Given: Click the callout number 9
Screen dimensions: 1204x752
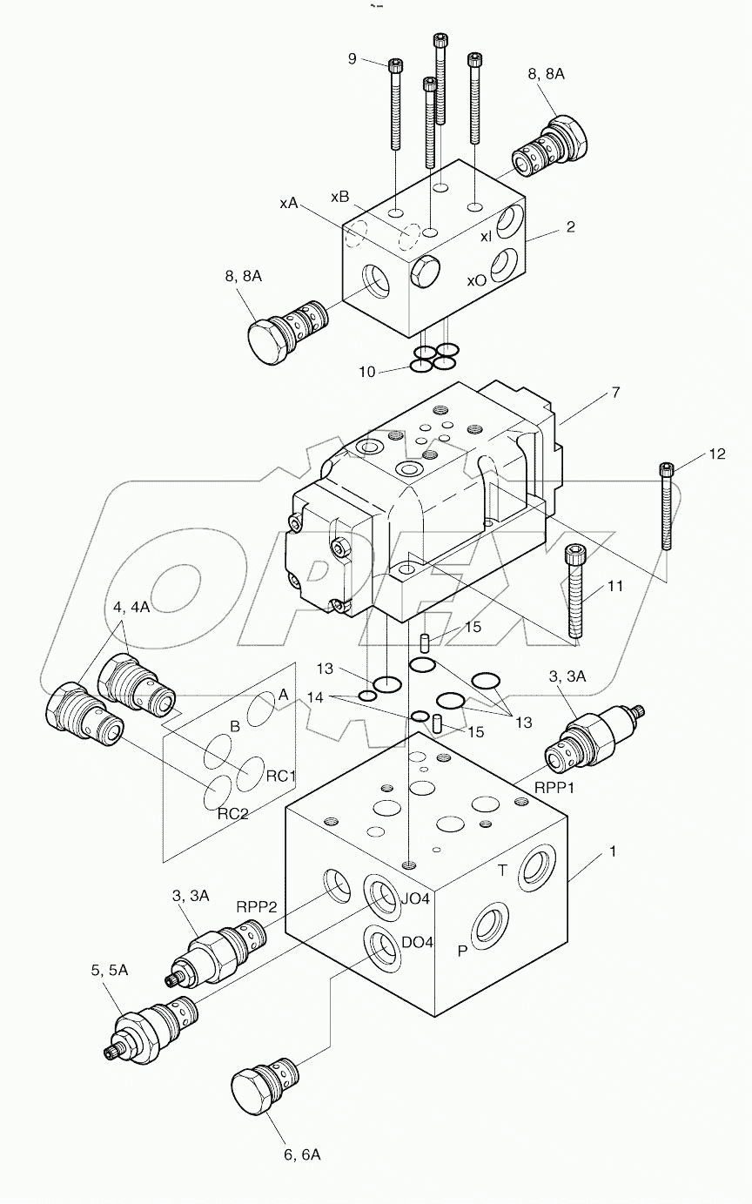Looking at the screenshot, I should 352,58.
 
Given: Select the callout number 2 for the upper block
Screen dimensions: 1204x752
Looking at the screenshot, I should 570,227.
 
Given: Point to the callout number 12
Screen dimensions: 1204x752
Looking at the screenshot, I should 715,453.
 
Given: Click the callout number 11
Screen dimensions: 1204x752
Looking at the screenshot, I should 615,588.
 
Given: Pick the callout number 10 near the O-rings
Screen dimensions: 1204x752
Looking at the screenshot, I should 367,372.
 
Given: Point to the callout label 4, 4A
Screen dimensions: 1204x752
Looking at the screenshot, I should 131,608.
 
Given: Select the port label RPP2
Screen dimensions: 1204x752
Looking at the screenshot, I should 257,906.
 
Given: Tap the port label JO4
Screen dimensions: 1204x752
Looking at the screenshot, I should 415,898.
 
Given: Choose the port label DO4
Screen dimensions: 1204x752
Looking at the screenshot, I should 417,942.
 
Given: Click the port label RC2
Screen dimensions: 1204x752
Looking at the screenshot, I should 233,813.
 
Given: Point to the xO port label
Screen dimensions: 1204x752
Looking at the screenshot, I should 476,280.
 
